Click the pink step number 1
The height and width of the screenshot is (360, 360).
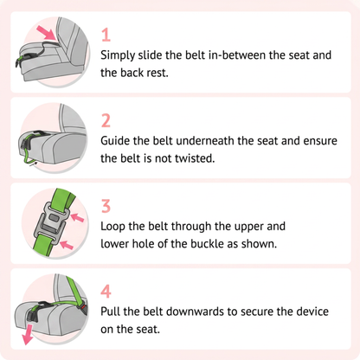click(x=106, y=35)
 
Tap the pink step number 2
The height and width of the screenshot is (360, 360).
click(x=106, y=120)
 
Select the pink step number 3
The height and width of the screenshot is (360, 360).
click(x=106, y=206)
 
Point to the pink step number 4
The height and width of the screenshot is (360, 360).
click(x=106, y=292)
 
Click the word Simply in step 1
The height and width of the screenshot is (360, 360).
click(x=118, y=55)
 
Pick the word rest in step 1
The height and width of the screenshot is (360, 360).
click(x=157, y=73)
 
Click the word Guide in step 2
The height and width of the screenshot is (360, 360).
click(x=115, y=141)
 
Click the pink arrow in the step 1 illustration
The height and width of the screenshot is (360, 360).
click(x=47, y=32)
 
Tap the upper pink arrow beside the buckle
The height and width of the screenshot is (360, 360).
click(x=77, y=217)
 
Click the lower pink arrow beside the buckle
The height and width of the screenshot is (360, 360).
click(x=67, y=245)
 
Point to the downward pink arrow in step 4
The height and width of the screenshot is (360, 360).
click(x=28, y=334)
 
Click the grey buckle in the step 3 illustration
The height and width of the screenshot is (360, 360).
click(x=52, y=220)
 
